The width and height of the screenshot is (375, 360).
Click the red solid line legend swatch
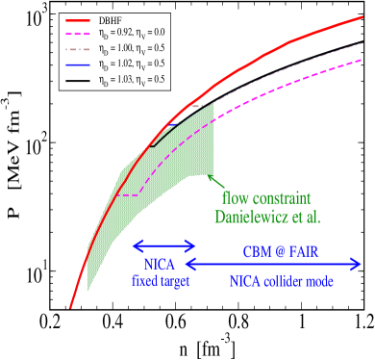click(78, 19)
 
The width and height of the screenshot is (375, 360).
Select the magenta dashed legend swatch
click(78, 35)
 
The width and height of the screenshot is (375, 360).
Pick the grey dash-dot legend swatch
click(78, 50)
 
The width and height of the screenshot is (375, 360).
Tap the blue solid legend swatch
click(78, 65)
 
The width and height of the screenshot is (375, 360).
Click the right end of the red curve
click(362, 17)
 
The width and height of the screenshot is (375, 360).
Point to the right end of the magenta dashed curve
click(361, 61)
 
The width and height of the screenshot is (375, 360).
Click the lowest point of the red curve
click(70, 308)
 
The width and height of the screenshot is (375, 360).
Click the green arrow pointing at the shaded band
click(216, 182)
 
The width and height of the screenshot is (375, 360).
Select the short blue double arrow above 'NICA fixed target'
click(162, 244)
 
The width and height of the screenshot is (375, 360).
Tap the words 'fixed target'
click(162, 283)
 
